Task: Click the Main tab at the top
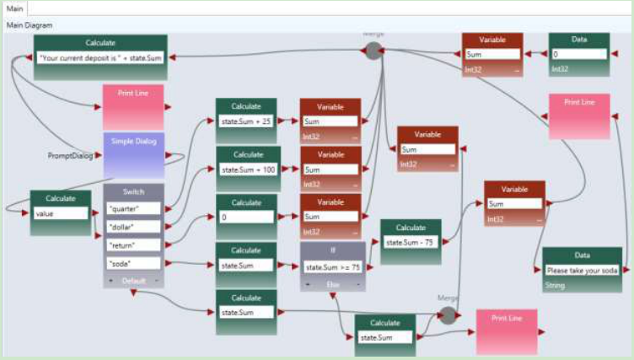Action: [15, 8]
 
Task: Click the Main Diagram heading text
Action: [30, 25]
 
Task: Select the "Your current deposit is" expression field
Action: [100, 58]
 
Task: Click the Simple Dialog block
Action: [134, 154]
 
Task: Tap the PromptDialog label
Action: [70, 156]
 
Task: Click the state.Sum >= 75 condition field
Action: [333, 268]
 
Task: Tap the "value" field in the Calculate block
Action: [60, 214]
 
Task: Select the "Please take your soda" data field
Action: [582, 271]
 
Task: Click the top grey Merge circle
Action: [373, 51]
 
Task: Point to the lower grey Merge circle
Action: [448, 314]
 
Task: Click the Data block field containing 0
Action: [578, 55]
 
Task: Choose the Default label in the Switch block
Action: [134, 281]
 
